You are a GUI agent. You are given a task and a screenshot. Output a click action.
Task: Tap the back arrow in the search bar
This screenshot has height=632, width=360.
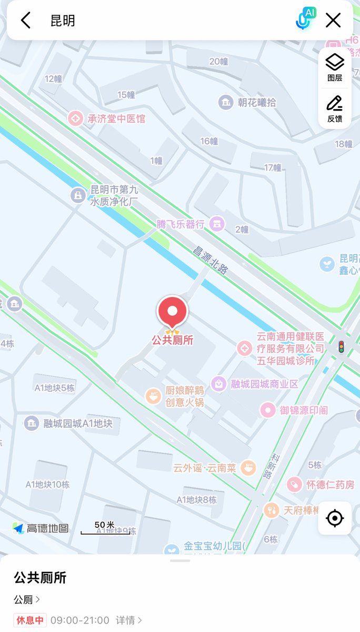click(x=26, y=21)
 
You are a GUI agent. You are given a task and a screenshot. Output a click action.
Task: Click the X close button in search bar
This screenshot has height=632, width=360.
click(x=333, y=21)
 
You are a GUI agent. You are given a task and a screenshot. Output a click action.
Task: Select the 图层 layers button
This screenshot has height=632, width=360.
click(x=335, y=67)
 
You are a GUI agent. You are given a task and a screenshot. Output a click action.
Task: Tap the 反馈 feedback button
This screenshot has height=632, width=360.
click(x=335, y=108)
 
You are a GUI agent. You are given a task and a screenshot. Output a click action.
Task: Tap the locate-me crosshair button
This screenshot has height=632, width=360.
click(x=335, y=518)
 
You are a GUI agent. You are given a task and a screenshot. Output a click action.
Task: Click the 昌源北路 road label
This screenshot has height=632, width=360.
click(x=210, y=260)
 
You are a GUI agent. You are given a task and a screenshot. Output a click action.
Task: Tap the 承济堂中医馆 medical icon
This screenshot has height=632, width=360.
click(x=75, y=118)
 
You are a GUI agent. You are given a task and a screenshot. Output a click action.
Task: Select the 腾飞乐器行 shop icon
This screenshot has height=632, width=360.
click(x=216, y=224)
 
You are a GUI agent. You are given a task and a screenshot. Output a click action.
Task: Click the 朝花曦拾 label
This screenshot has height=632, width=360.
click(x=256, y=102)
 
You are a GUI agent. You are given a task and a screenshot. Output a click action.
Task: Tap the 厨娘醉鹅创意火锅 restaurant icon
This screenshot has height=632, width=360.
click(x=153, y=396)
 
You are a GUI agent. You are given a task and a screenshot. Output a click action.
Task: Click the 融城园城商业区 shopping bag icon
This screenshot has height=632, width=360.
click(x=218, y=383)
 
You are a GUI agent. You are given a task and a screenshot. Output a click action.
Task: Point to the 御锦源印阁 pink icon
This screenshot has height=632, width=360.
click(x=268, y=410)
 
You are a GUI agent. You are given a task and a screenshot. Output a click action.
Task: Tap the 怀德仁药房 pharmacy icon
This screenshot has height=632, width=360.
click(x=294, y=484)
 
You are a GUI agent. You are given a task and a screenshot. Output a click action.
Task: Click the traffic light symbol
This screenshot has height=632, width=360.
click(x=341, y=347)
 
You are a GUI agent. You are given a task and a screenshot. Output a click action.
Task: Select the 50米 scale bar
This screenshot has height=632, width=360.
click(x=105, y=529)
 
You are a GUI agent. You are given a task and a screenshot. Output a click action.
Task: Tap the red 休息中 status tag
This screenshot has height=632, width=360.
click(x=30, y=620)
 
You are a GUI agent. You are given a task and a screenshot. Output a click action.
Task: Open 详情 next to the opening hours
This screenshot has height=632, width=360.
click(x=129, y=620)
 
